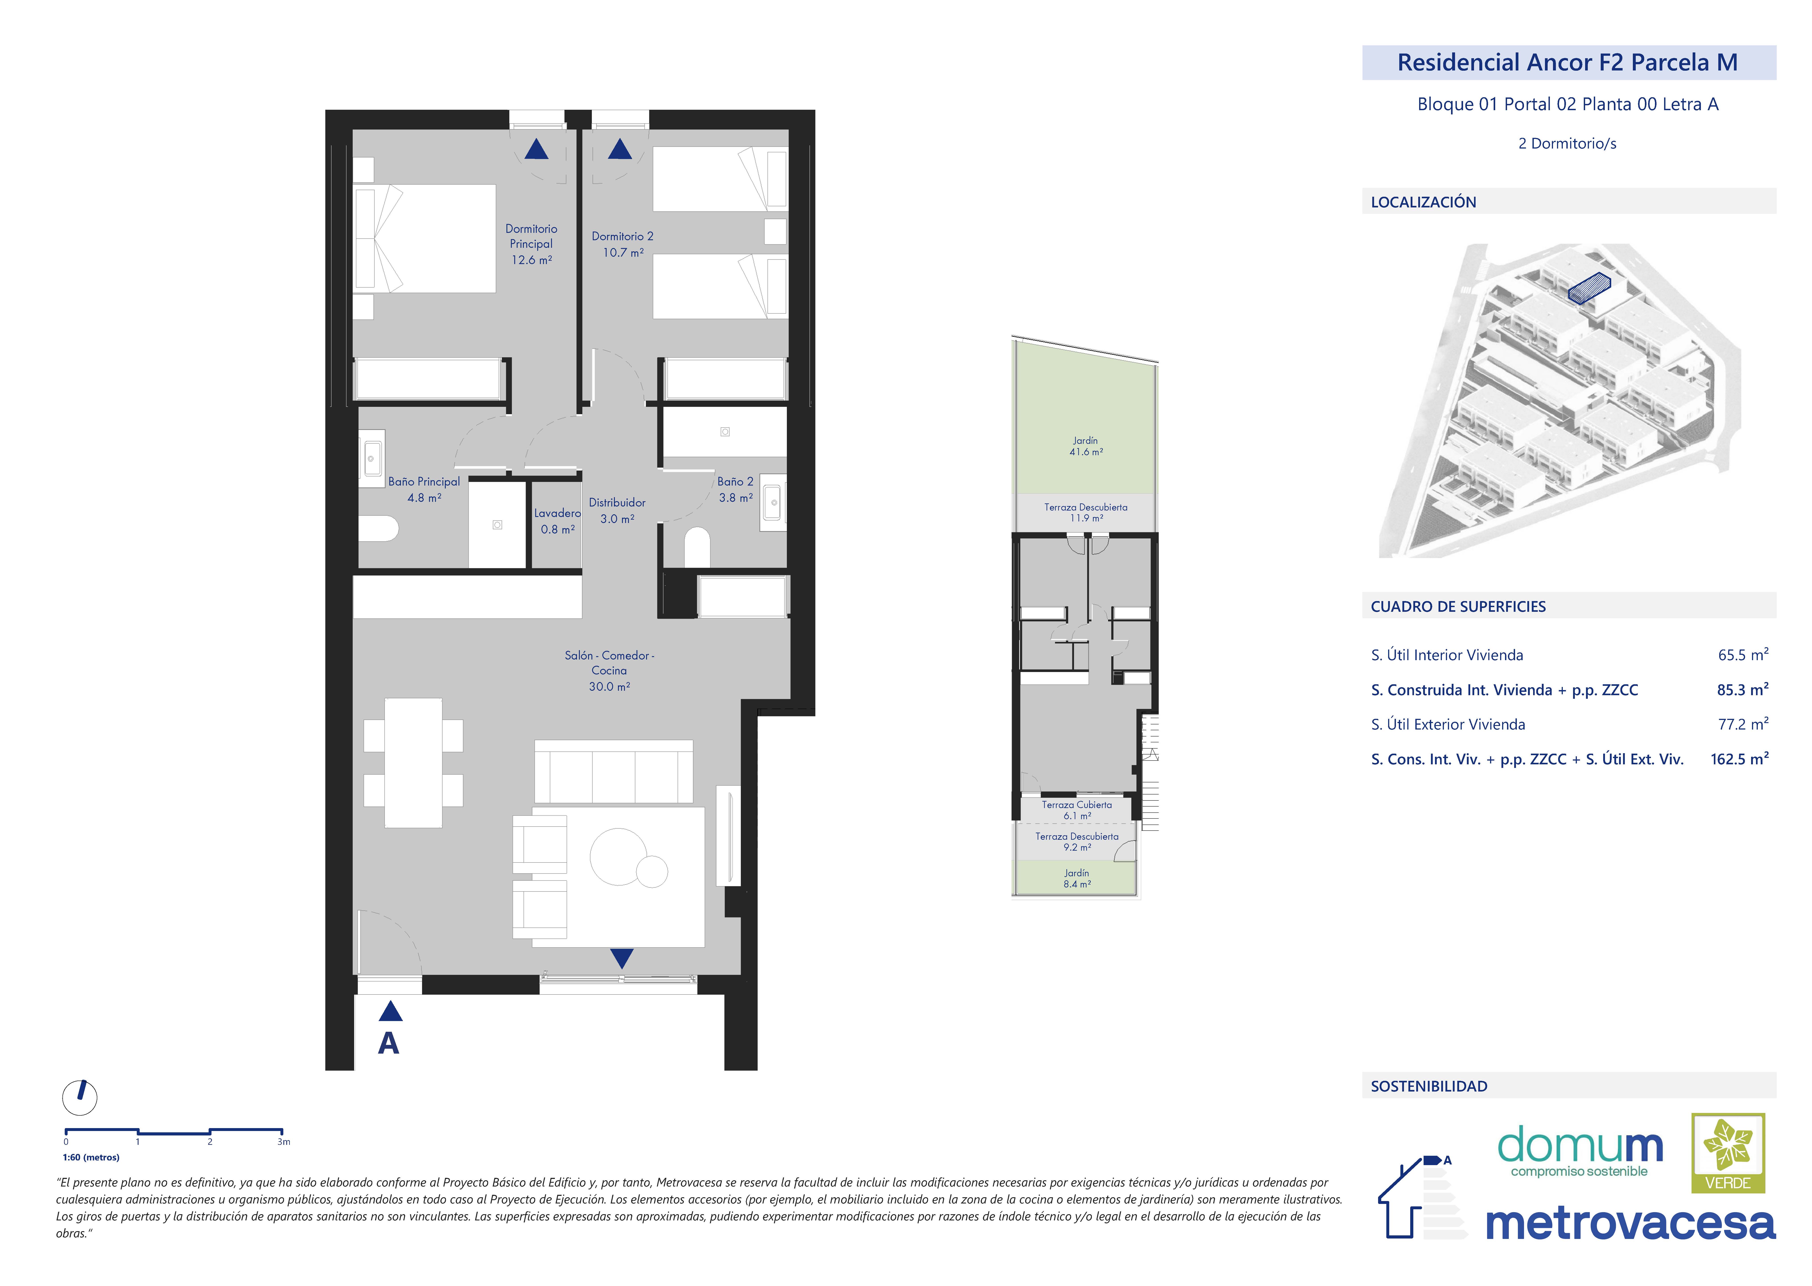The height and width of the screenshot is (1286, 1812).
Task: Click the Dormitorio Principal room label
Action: pos(531,244)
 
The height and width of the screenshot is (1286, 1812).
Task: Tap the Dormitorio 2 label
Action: pos(622,244)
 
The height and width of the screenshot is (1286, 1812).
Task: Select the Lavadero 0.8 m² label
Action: pos(558,521)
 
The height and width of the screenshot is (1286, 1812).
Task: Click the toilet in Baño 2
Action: pos(697,547)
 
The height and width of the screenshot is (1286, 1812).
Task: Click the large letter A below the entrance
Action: pos(388,1044)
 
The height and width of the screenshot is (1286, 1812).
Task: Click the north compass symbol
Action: pos(80,1098)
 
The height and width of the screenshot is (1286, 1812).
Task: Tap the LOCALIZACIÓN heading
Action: pos(1423,202)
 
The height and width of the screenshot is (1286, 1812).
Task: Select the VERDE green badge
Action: pos(1728,1153)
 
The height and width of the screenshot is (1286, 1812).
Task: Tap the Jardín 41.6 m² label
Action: pos(1086,446)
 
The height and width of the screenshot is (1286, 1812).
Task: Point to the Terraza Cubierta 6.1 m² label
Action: pos(1077,810)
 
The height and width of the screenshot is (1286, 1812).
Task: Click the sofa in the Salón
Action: pos(614,772)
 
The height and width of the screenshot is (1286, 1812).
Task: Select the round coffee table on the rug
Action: pos(618,856)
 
